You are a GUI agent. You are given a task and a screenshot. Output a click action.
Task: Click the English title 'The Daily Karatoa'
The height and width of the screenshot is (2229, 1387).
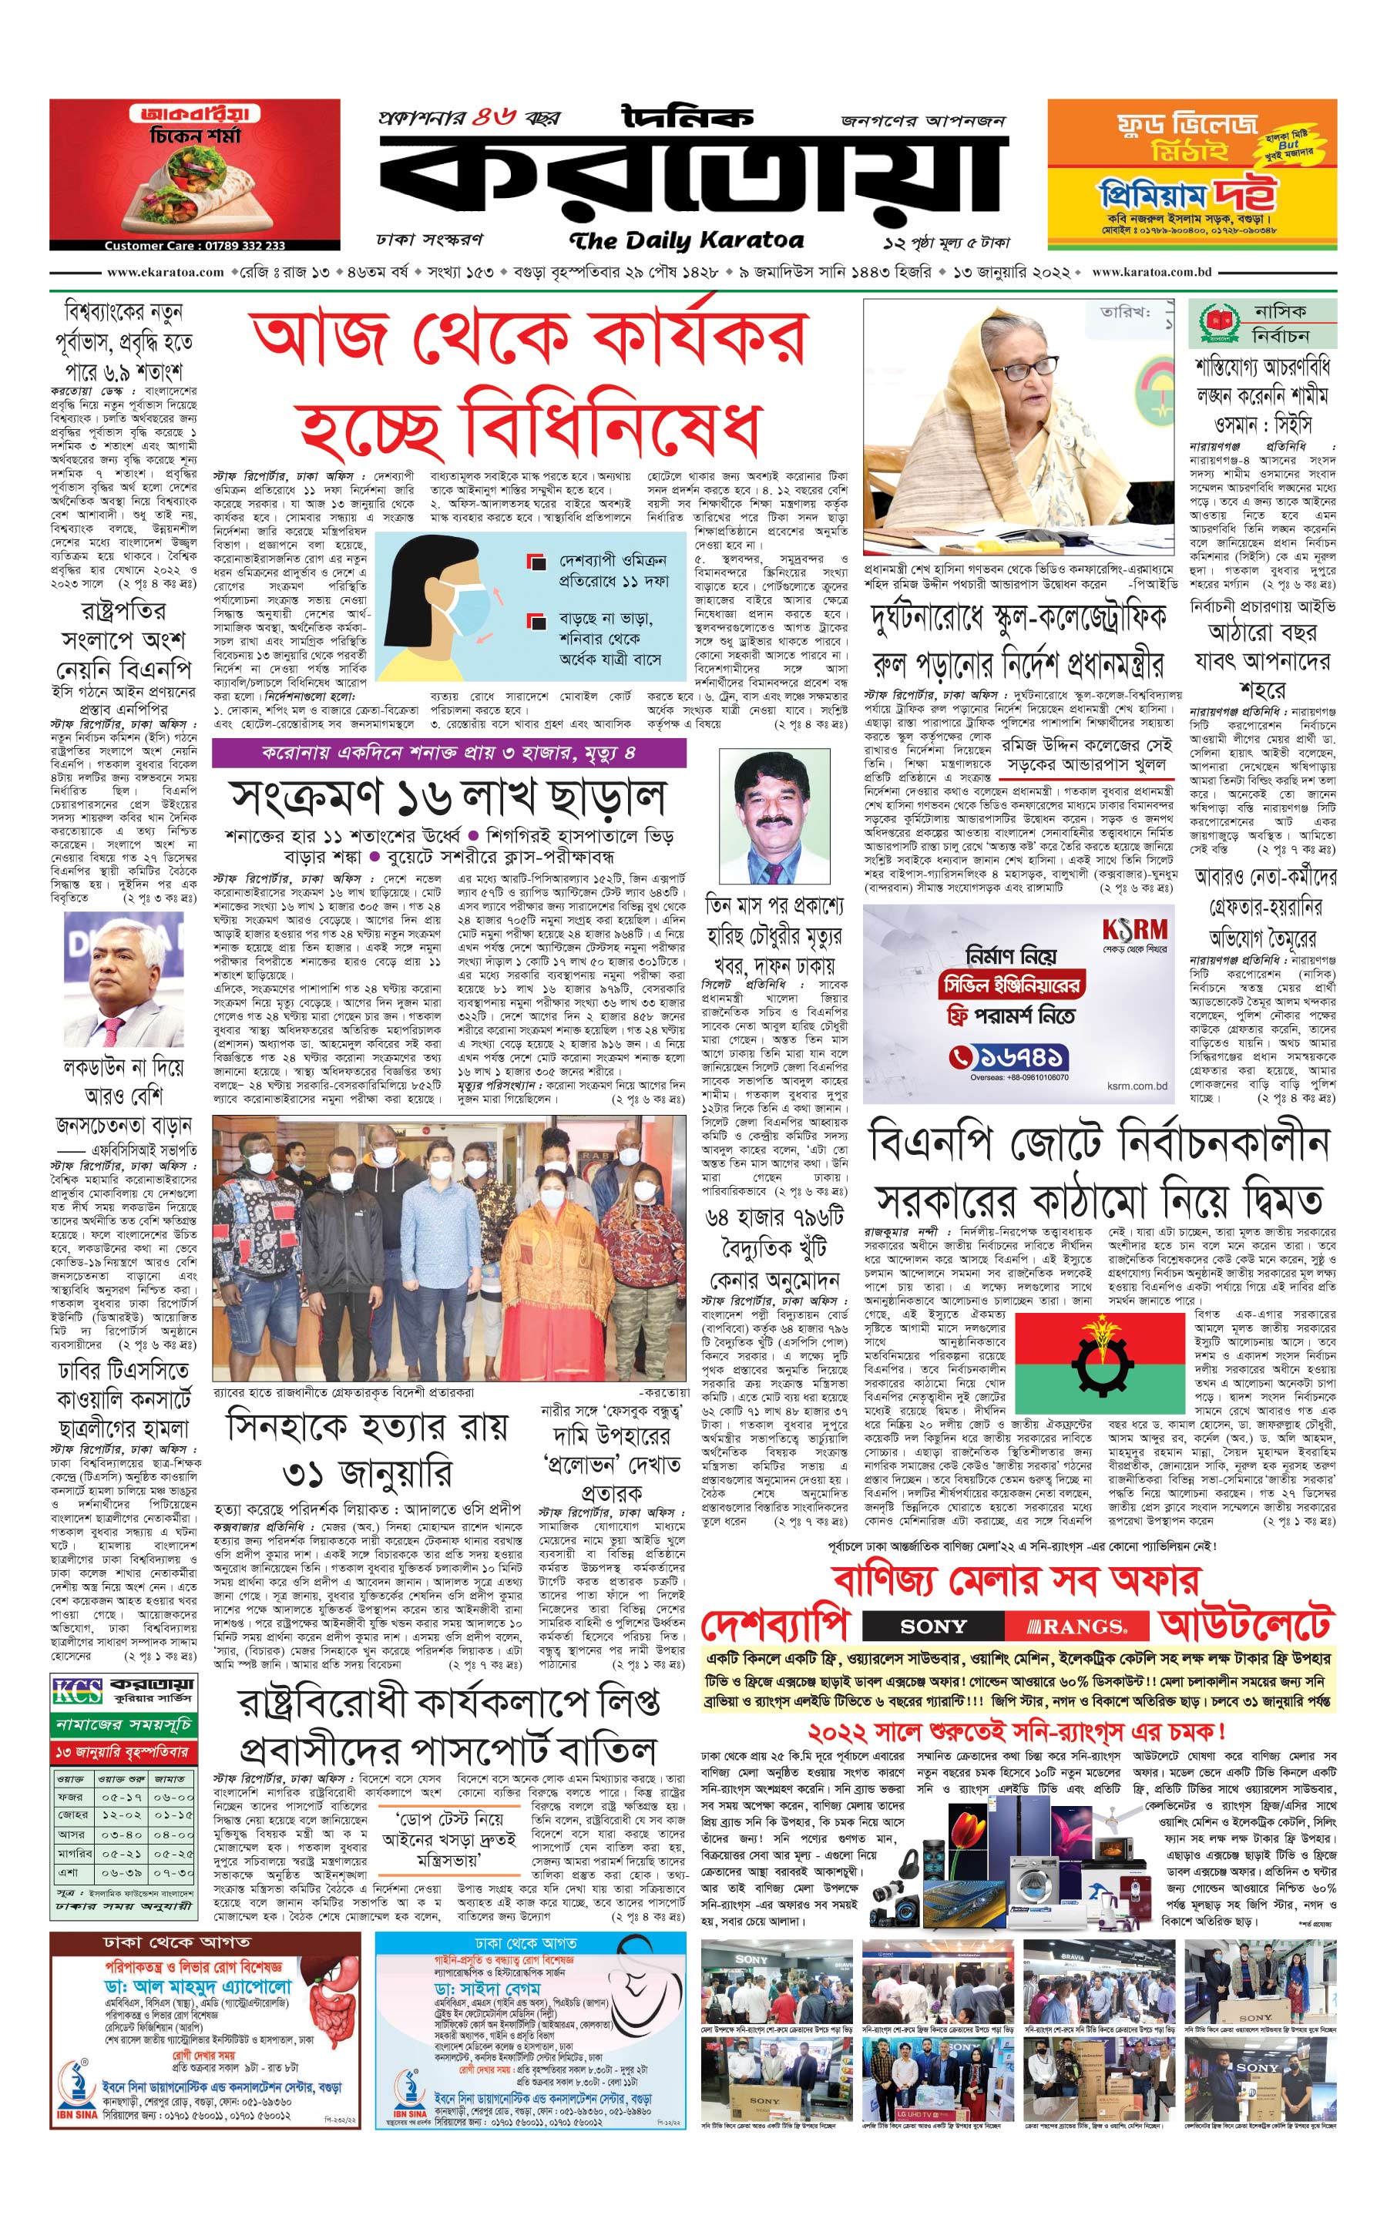tap(686, 241)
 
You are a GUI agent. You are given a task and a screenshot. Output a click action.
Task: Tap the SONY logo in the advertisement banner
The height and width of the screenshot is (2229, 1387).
tap(933, 1626)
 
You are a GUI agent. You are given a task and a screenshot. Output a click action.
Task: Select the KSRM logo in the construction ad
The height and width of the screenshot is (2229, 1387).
tap(1135, 929)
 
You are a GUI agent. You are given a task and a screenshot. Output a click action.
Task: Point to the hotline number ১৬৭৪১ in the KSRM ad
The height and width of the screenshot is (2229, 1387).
tap(1007, 1056)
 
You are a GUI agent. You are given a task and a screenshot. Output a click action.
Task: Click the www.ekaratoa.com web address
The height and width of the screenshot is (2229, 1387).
tap(165, 273)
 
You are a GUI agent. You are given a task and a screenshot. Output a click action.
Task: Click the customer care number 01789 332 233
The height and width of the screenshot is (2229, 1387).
tap(194, 246)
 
